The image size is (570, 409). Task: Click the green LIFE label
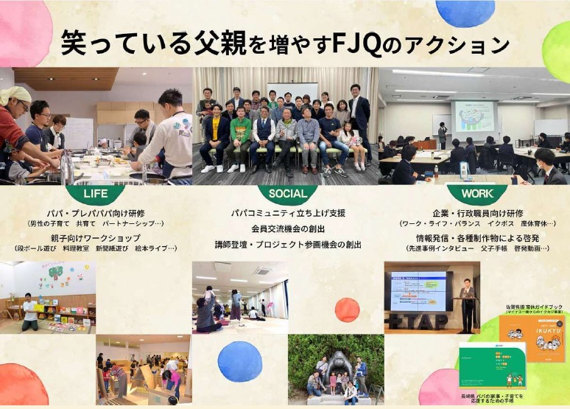[95, 194]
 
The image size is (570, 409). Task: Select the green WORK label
[476, 194]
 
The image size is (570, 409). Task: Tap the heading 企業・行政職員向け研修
[476, 213]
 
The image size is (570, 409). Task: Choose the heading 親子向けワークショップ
[95, 238]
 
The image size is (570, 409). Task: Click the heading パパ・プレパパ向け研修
[95, 213]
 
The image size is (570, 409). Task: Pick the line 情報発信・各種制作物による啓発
[476, 238]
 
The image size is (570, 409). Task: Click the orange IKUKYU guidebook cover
[531, 338]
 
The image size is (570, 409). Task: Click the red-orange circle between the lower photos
[347, 310]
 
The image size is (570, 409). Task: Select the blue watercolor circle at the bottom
[240, 360]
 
